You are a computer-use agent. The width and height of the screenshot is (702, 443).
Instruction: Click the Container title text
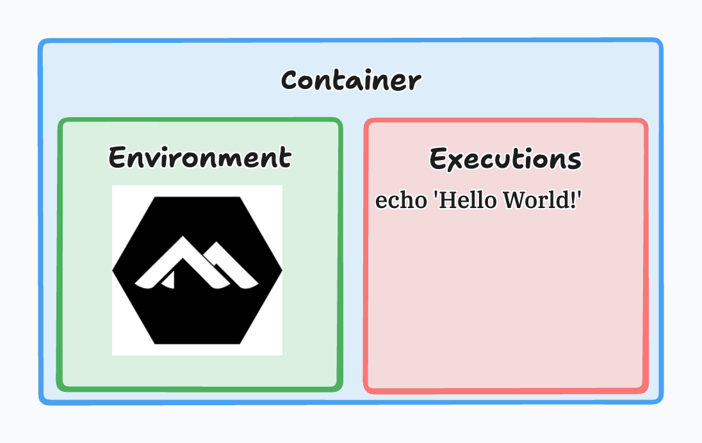click(x=351, y=81)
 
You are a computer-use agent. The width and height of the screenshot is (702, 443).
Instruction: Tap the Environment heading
click(x=200, y=157)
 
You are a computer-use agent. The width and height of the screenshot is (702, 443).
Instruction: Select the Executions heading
click(x=505, y=159)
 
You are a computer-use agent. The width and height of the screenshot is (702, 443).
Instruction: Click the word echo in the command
click(x=401, y=200)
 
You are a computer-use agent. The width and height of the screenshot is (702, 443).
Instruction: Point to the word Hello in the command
click(x=468, y=200)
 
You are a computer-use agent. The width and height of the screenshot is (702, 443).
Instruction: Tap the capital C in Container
click(x=290, y=81)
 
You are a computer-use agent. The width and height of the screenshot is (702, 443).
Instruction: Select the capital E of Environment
click(x=117, y=157)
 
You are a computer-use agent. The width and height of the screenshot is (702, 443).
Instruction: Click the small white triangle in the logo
click(x=169, y=280)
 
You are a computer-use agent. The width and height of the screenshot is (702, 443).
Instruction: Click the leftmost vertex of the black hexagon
click(x=113, y=270)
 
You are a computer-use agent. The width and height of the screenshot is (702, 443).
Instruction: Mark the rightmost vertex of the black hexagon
click(x=282, y=270)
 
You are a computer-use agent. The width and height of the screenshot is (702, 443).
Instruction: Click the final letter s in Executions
click(x=575, y=161)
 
